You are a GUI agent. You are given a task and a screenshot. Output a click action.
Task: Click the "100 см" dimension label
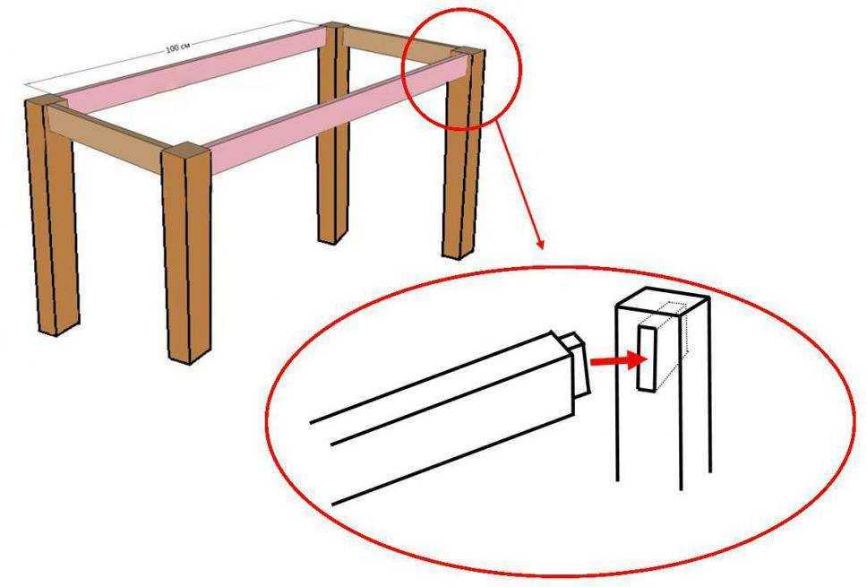177,47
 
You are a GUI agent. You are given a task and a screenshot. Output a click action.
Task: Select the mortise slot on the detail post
647,359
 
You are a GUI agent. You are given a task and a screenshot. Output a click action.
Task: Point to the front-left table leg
52,216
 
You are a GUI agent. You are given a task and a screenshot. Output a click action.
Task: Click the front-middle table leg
186,254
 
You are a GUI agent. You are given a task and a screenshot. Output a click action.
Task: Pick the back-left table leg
333,133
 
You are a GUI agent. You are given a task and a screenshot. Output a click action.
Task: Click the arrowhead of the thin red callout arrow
540,244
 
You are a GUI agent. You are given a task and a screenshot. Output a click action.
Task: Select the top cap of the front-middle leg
185,148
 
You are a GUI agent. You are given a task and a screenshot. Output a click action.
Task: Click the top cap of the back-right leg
468,51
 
